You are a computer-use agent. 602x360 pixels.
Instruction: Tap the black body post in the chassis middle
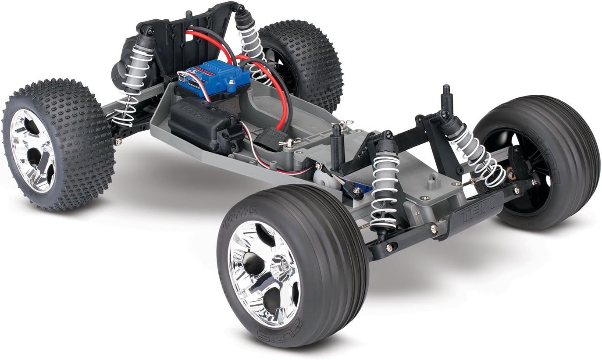[x=336, y=147]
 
